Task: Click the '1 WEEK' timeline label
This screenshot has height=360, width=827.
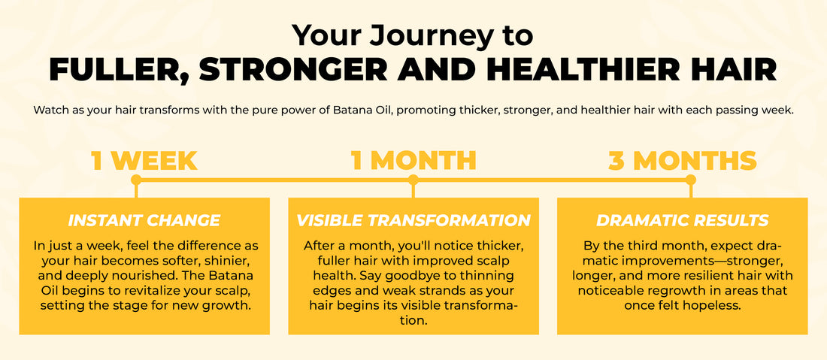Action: point(144,161)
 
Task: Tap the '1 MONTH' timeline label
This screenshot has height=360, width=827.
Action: point(413,161)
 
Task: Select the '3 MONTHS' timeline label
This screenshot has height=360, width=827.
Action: point(682,161)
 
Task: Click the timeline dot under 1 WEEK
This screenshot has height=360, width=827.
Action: point(136,180)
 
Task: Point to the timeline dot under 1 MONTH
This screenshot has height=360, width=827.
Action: point(413,180)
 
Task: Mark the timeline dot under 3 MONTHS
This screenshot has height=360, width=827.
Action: point(691,180)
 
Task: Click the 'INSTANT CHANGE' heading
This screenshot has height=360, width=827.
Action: point(144,221)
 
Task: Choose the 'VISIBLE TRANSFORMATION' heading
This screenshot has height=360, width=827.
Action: point(413,221)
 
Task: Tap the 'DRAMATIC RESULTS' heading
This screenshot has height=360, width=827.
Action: point(682,221)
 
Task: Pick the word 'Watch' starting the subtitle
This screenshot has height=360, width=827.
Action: point(49,110)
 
